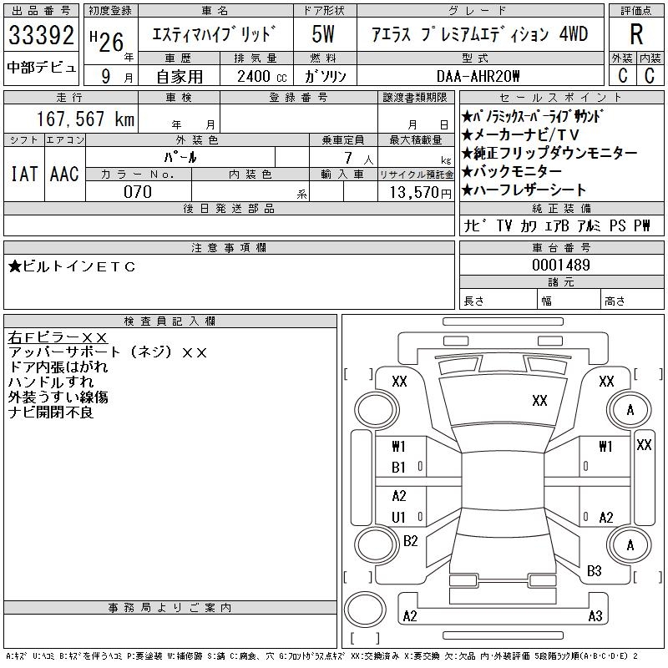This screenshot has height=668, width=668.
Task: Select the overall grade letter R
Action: [636, 34]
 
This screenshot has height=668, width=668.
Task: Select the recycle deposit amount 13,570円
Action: [416, 192]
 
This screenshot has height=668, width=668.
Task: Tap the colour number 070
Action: [138, 192]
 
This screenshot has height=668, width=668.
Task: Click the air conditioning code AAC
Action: [64, 174]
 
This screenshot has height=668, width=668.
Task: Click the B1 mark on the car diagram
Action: [399, 468]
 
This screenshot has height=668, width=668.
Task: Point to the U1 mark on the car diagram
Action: [399, 518]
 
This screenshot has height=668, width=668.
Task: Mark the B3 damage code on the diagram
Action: [595, 571]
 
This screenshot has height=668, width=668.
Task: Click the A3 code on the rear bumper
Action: [595, 616]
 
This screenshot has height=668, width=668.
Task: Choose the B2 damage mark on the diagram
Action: [410, 541]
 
